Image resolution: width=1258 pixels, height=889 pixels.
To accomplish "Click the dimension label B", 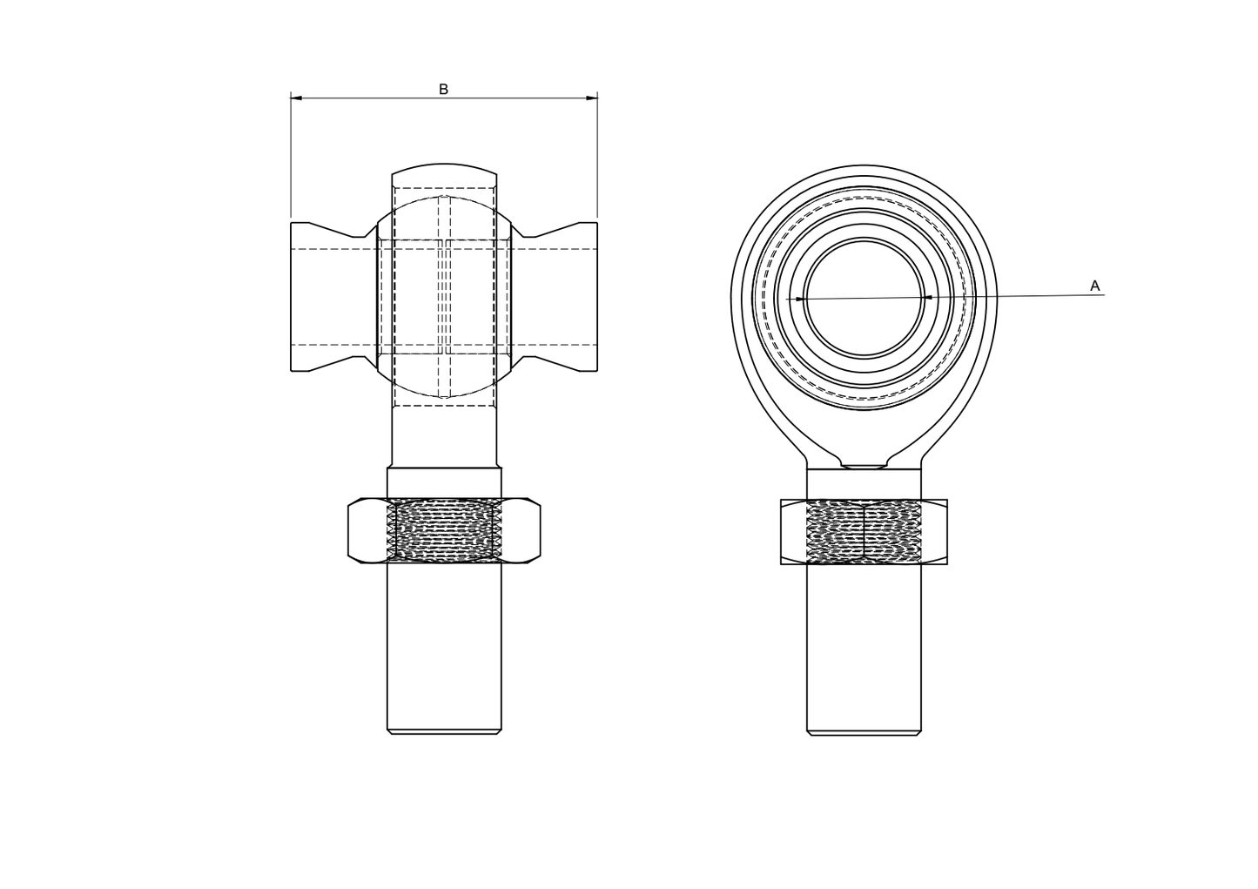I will pyautogui.click(x=443, y=89).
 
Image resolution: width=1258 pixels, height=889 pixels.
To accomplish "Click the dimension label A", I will pyautogui.click(x=1094, y=286).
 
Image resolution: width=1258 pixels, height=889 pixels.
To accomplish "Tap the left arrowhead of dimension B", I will pyautogui.click(x=296, y=98).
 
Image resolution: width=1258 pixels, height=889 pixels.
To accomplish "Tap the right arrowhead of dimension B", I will pyautogui.click(x=592, y=98).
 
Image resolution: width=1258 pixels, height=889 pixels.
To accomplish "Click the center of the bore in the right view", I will pyautogui.click(x=864, y=298).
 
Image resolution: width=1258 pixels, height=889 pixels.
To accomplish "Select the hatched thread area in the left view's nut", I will pyautogui.click(x=444, y=530).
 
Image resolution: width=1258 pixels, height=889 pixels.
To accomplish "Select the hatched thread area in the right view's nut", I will pyautogui.click(x=864, y=532).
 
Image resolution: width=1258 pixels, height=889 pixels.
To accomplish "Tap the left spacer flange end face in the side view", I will pyautogui.click(x=292, y=297).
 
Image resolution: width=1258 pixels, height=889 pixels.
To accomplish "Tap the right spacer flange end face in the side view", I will pyautogui.click(x=596, y=297).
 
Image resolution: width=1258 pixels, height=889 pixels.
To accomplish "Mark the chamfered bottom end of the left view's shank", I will pyautogui.click(x=444, y=732).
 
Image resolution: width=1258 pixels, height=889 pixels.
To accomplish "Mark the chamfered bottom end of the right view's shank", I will pyautogui.click(x=864, y=733).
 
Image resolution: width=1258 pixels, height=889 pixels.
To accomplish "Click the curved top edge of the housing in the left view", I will pyautogui.click(x=444, y=165).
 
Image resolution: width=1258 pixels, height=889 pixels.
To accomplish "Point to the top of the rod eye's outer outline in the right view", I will pyautogui.click(x=864, y=166).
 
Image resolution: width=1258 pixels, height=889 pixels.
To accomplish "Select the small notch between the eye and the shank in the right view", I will pyautogui.click(x=864, y=467).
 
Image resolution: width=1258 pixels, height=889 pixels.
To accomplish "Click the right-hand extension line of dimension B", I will pyautogui.click(x=597, y=157).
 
